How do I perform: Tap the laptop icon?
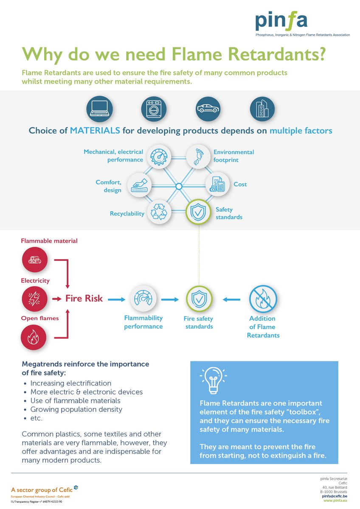pos(99,109)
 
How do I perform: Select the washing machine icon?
pos(153,109)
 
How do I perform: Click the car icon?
pos(208,109)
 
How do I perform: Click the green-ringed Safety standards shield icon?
pos(198,212)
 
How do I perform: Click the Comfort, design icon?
pos(140,185)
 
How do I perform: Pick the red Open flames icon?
pos(34,338)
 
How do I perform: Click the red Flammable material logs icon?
pos(34,260)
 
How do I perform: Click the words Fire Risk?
pos(84,299)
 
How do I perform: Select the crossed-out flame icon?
pos(263,299)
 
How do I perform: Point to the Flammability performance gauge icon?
pos(143,299)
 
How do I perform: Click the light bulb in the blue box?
pos(213,379)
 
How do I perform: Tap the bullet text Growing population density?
pos(76,409)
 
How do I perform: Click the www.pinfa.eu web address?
pos(335,501)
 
